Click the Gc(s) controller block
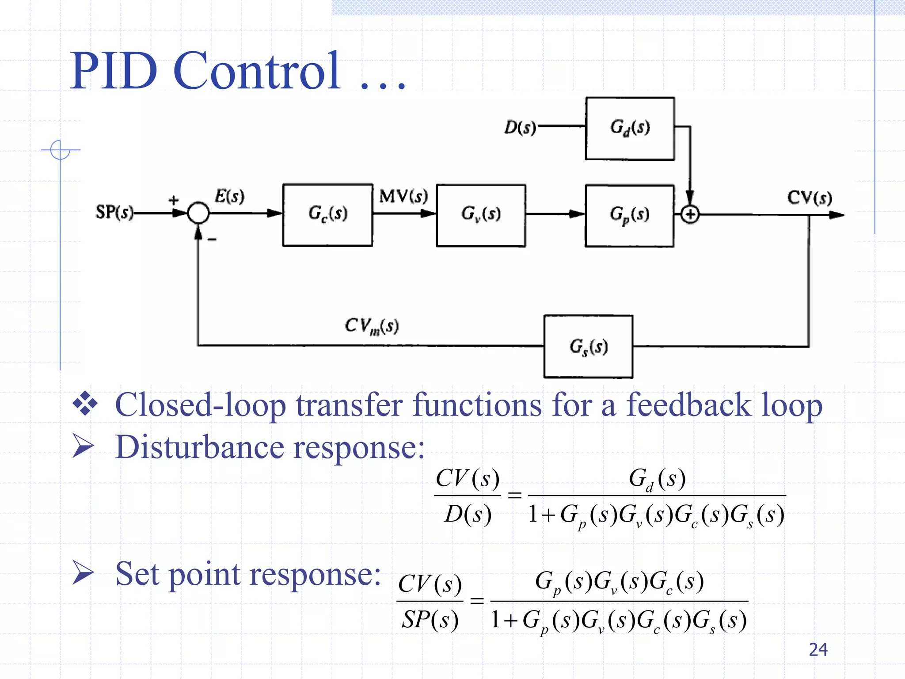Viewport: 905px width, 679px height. click(327, 215)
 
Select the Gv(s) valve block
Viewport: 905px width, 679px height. click(481, 215)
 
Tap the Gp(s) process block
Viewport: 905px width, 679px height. click(629, 216)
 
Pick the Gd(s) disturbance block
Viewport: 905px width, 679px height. click(630, 128)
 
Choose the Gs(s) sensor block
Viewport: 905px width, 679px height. click(588, 347)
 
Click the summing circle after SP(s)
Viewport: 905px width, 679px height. click(198, 213)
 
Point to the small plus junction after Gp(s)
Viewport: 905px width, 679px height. click(690, 215)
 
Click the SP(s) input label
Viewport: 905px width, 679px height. click(114, 212)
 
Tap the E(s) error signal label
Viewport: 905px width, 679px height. click(229, 196)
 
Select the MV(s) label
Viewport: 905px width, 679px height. click(403, 196)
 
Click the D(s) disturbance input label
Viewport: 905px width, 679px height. click(520, 128)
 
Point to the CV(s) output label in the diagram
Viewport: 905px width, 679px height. click(809, 197)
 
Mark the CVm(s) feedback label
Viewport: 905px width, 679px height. click(372, 326)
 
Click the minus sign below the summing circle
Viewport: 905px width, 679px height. click(212, 240)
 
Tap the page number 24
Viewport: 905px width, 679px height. click(818, 649)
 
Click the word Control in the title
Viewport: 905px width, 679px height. click(256, 71)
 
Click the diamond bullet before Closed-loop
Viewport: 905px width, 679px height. click(85, 404)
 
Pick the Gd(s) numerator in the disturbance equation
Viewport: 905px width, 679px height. click(657, 479)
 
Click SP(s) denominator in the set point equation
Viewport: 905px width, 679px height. click(430, 620)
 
